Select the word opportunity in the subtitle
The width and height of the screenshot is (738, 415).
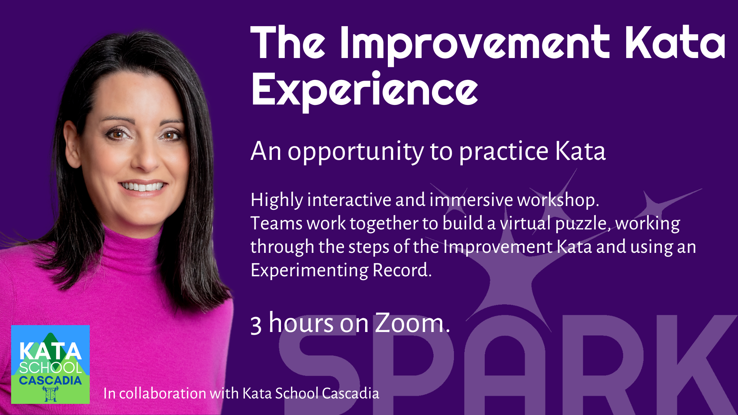click(356, 151)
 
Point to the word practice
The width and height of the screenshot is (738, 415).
click(504, 151)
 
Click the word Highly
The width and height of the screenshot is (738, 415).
click(277, 200)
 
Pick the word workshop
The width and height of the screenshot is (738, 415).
click(557, 200)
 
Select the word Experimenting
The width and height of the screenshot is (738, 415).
click(309, 271)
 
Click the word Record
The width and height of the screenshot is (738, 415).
click(402, 270)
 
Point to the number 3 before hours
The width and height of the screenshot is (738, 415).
click(256, 325)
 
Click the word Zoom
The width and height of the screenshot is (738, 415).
click(409, 323)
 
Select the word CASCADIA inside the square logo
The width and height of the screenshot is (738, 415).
click(50, 381)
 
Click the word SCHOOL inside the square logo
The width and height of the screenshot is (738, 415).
click(50, 368)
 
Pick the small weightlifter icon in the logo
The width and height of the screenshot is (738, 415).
click(50, 394)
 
